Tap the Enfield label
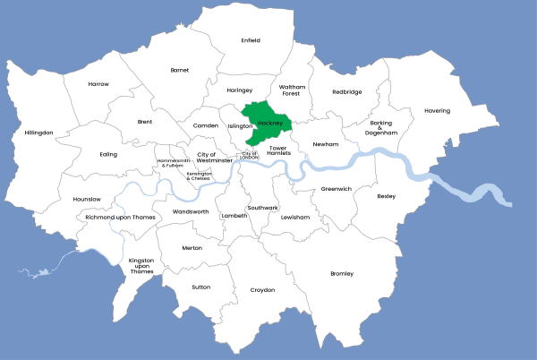pos(251,40)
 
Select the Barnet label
pos(180,70)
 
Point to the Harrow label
pos(98,84)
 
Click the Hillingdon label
pos(39,133)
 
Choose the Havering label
pos(437,111)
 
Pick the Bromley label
pos(342,273)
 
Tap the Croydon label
pos(262,290)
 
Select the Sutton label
pos(201,287)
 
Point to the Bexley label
pos(386,196)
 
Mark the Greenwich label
pos(337,189)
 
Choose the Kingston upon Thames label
pos(141,266)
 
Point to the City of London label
pos(249,156)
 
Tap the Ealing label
pos(108,154)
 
